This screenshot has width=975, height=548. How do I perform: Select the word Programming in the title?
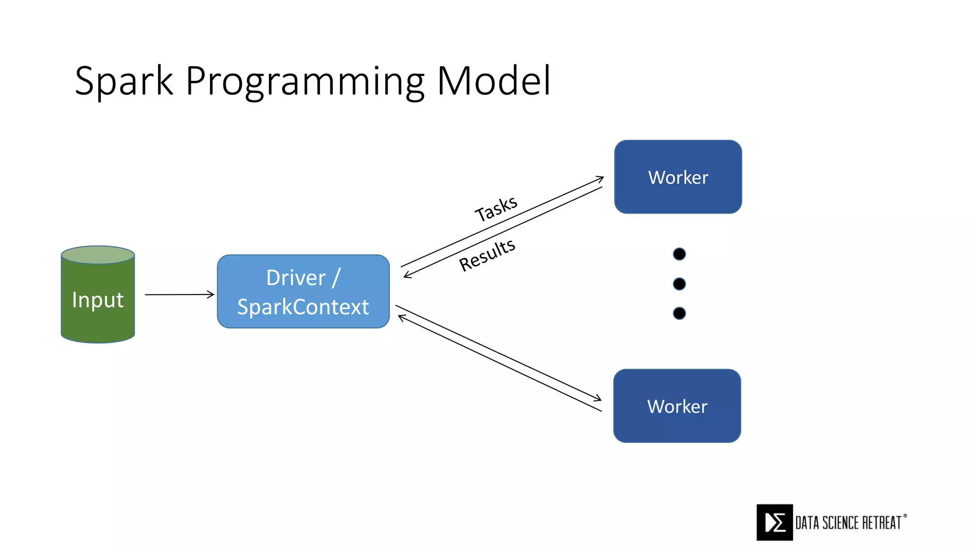click(x=305, y=82)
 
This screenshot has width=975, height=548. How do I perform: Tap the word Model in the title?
click(x=494, y=81)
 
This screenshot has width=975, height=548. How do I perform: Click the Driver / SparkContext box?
click(x=303, y=291)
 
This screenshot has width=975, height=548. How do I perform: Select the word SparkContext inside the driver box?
click(x=303, y=307)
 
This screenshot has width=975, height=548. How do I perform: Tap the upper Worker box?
click(x=678, y=177)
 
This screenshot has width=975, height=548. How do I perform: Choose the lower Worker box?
click(x=677, y=406)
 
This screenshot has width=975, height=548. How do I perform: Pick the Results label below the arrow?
click(x=487, y=255)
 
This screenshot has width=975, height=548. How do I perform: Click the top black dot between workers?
click(x=679, y=254)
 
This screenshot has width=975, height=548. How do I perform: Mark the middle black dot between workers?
click(x=679, y=284)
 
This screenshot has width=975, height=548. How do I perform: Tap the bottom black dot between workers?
click(x=679, y=313)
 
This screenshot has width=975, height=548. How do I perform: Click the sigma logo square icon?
click(x=775, y=522)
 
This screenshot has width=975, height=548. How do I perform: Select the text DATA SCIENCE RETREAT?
click(x=848, y=523)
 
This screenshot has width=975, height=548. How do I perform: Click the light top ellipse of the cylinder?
click(x=98, y=255)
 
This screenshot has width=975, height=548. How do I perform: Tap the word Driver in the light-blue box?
click(x=296, y=278)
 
